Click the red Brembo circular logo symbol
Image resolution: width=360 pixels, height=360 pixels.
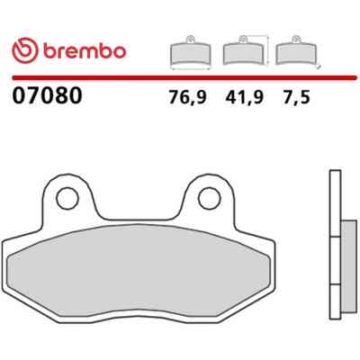25,50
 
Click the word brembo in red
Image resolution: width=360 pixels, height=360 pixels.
85,51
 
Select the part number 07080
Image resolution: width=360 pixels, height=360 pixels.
47,95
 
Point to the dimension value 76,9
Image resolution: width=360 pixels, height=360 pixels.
188,97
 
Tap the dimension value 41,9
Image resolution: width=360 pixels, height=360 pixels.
244,97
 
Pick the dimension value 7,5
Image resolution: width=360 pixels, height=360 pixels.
295,97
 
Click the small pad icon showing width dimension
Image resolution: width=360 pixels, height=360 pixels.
191,53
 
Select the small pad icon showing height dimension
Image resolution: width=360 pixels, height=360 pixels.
246,50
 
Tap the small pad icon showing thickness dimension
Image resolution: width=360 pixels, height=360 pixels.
296,51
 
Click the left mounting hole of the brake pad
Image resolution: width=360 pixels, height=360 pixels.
67,198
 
